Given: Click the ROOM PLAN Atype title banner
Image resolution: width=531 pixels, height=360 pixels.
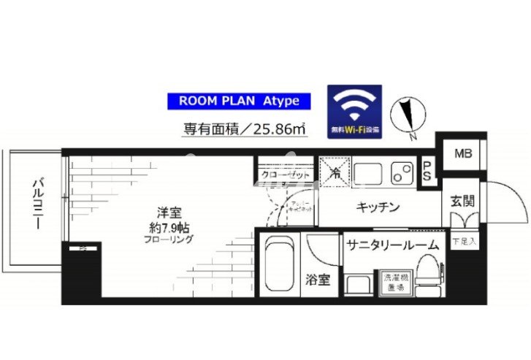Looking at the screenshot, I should point(234,102).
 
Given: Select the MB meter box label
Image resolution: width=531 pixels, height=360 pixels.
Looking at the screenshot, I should point(462,153).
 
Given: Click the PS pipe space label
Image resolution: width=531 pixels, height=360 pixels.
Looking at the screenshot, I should point(427,169).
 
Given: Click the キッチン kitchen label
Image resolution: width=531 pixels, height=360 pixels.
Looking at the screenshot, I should point(378,207).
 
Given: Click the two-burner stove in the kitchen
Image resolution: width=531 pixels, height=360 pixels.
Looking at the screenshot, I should point(400,172).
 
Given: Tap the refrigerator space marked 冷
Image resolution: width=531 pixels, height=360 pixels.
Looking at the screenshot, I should point(333,172).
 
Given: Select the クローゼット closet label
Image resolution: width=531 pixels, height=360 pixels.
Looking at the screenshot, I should point(285,175).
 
